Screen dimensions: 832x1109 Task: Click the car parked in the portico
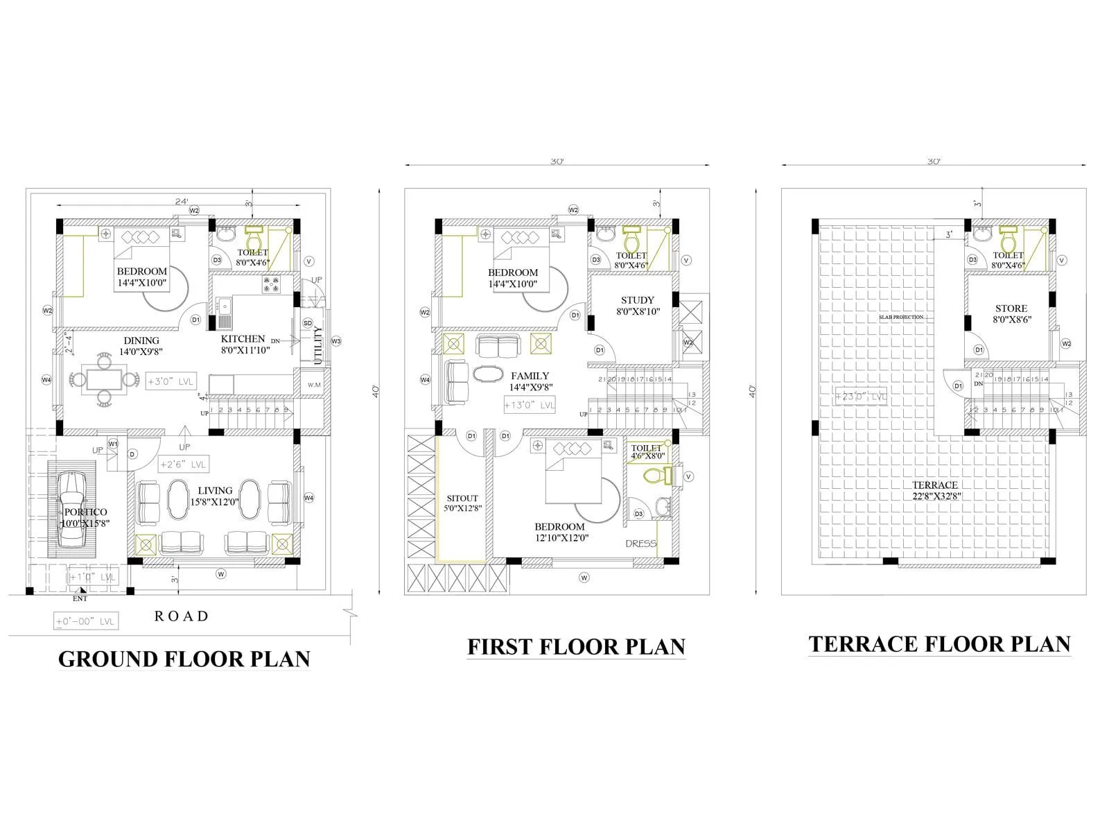(71, 510)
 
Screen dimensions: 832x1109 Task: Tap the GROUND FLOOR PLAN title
(184, 659)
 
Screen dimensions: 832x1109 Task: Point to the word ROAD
(182, 616)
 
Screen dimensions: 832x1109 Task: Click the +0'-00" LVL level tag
(86, 622)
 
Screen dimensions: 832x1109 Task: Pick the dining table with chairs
(104, 379)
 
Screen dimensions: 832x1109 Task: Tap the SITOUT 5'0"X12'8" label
(462, 503)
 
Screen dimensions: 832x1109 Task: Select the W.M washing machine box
(314, 385)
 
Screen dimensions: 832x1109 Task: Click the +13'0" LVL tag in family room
(530, 405)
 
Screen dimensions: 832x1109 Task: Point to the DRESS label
(640, 544)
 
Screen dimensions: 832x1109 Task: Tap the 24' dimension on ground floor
(181, 202)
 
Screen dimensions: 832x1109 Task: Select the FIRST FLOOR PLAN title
(576, 646)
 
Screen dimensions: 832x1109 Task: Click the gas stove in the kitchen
(270, 284)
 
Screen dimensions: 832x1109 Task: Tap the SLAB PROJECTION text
(901, 317)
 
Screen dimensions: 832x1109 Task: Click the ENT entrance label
(80, 598)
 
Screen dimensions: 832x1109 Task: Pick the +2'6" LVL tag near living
(183, 465)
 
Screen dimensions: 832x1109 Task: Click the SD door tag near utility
(307, 323)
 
